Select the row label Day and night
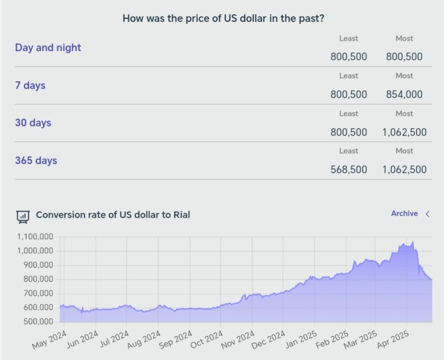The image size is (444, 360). pyautogui.click(x=48, y=48)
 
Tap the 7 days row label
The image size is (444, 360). pyautogui.click(x=30, y=86)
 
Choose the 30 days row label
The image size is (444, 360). pyautogui.click(x=33, y=123)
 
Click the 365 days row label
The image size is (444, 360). pyautogui.click(x=36, y=161)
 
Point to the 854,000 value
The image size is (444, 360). pyautogui.click(x=404, y=94)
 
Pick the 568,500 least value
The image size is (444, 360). pyautogui.click(x=349, y=169)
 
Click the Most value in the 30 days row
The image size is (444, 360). pyautogui.click(x=404, y=132)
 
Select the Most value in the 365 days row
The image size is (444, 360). pyautogui.click(x=404, y=169)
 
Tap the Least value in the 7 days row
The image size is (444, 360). pyautogui.click(x=349, y=94)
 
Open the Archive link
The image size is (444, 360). pyautogui.click(x=404, y=214)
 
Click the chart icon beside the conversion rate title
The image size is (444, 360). pyautogui.click(x=23, y=216)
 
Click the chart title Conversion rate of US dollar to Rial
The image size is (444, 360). pyautogui.click(x=113, y=215)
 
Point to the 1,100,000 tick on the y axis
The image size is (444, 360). pyautogui.click(x=36, y=237)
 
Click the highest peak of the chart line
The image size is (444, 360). pyautogui.click(x=413, y=242)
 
